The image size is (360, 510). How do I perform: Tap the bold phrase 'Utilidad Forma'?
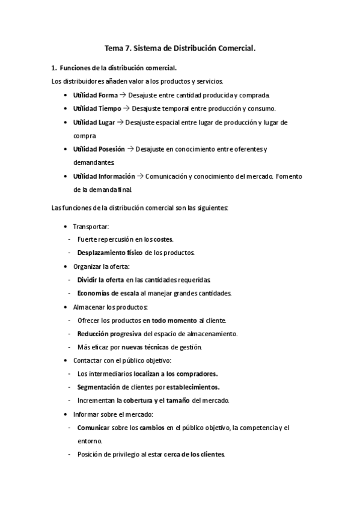pyautogui.click(x=95, y=95)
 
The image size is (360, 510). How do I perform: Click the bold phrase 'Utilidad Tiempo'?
pyautogui.click(x=97, y=108)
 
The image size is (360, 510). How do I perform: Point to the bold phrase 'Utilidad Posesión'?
pyautogui.click(x=99, y=149)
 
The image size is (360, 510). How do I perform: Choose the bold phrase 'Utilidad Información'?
pyautogui.click(x=103, y=176)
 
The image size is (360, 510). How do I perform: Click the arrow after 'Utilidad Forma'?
pyautogui.click(x=122, y=95)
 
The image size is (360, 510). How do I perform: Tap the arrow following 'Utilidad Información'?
pyautogui.click(x=139, y=176)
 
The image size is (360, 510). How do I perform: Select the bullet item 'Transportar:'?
pyautogui.click(x=91, y=226)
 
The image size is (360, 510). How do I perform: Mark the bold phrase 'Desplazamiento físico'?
pyautogui.click(x=110, y=252)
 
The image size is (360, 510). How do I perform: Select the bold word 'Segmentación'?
pyautogui.click(x=102, y=387)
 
